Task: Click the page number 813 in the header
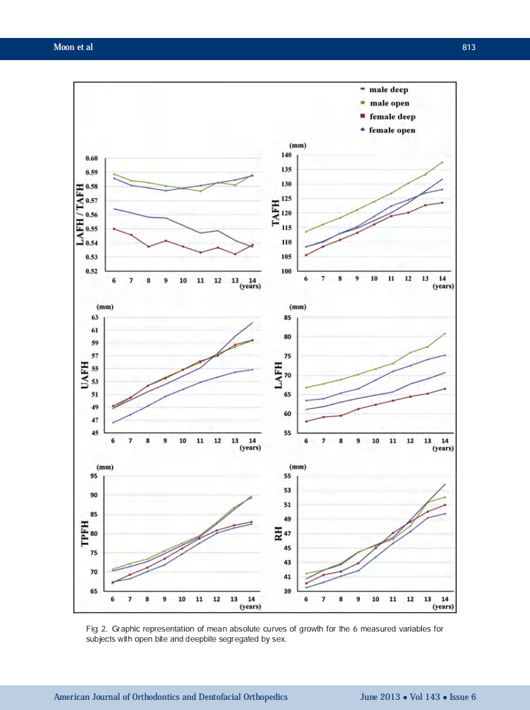pyautogui.click(x=468, y=47)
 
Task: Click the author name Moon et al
pyautogui.click(x=73, y=47)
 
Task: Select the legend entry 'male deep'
pyautogui.click(x=388, y=90)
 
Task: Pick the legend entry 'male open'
pyautogui.click(x=389, y=103)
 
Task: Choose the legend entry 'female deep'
pyautogui.click(x=392, y=116)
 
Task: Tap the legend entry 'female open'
pyautogui.click(x=392, y=130)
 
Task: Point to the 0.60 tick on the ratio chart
pyautogui.click(x=91, y=158)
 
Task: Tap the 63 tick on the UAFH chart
pyautogui.click(x=95, y=318)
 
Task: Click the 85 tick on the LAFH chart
pyautogui.click(x=287, y=318)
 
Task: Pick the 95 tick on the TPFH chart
pyautogui.click(x=94, y=476)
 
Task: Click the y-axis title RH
pyautogui.click(x=278, y=535)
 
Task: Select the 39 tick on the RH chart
pyautogui.click(x=287, y=591)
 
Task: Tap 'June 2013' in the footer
pyautogui.click(x=379, y=697)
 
